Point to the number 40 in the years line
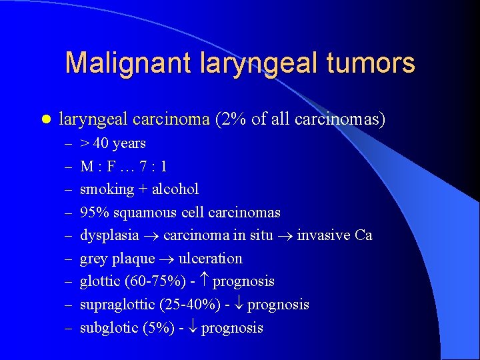point(101,143)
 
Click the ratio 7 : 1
point(151,166)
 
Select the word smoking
point(107,189)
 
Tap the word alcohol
point(177,189)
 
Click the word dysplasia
point(109,235)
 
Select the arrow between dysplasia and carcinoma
point(151,236)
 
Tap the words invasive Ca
point(334,235)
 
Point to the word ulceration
point(210,259)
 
